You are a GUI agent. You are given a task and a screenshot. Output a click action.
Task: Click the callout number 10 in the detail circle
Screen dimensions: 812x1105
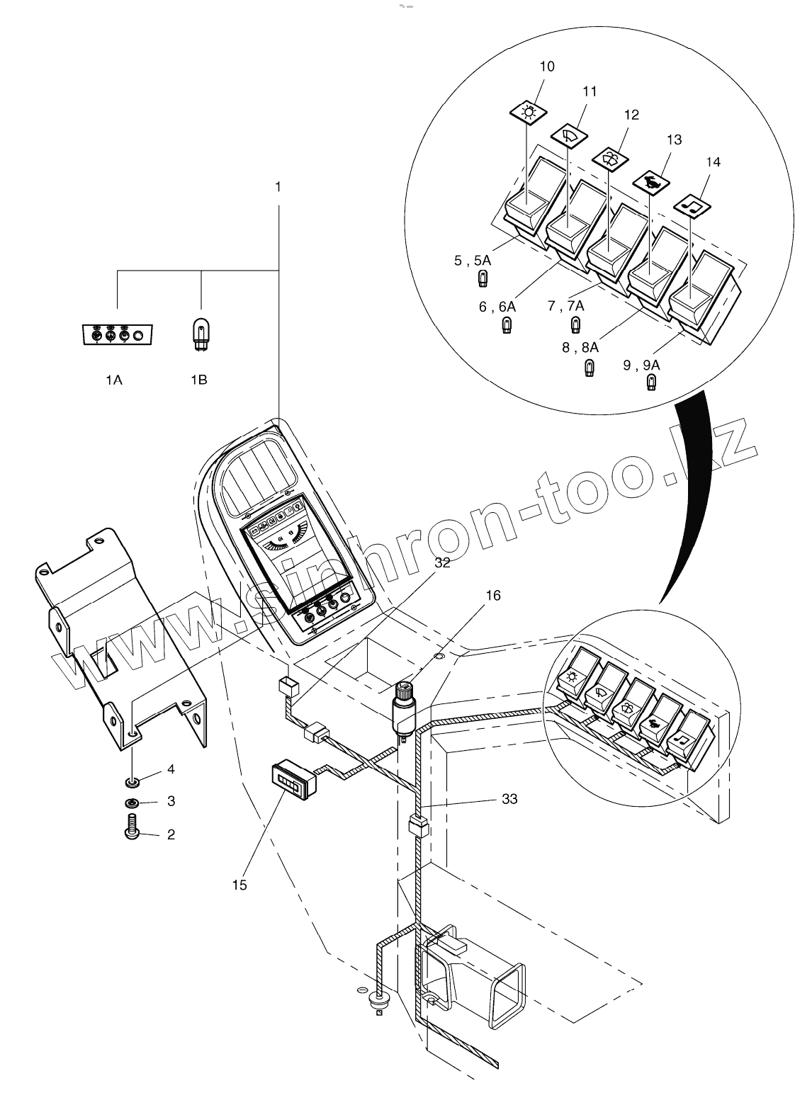coord(547,67)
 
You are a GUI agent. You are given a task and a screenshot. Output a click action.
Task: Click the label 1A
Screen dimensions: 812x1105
coord(114,380)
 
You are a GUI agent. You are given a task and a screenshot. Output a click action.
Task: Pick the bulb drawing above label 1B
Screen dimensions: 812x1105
coord(201,334)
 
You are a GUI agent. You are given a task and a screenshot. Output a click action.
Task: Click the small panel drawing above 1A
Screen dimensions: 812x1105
coord(118,334)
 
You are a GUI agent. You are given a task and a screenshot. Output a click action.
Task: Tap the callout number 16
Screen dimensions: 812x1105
coord(493,595)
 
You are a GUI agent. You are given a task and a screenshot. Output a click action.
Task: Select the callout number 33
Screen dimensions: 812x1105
coord(509,798)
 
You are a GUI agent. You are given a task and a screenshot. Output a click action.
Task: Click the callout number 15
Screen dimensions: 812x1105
coord(239,885)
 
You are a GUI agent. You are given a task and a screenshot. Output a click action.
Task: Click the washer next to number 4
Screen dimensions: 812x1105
coord(132,782)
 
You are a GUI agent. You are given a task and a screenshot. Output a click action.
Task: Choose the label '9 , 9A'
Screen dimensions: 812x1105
coord(642,365)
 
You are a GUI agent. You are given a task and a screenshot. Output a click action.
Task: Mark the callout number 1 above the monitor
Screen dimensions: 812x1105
coord(278,187)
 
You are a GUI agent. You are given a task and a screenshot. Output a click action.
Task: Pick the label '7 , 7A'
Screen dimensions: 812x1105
coord(566,306)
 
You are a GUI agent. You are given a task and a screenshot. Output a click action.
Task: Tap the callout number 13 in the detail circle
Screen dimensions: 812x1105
coord(674,140)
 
